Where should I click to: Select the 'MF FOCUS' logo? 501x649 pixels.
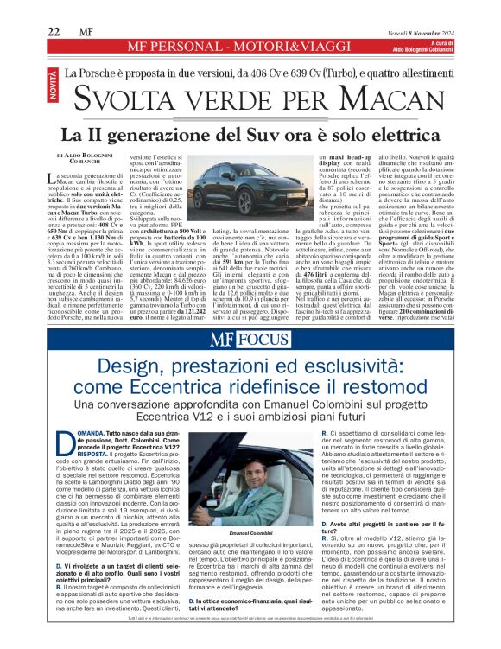click(250, 340)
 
